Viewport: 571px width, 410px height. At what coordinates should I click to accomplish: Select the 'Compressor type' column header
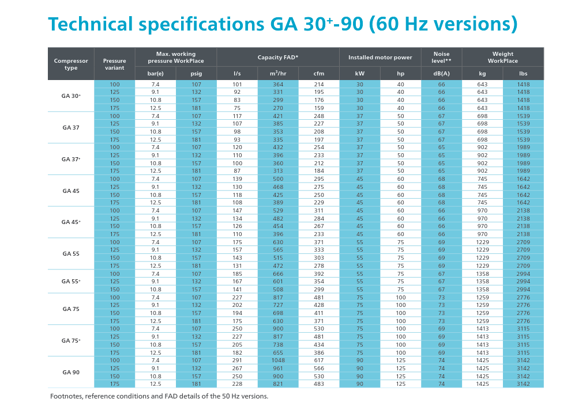[71, 64]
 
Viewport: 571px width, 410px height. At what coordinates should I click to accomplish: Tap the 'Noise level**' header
[441, 57]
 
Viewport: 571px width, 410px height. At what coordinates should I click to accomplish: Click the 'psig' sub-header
[196, 74]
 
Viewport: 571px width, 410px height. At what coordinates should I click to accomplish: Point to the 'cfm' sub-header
[319, 74]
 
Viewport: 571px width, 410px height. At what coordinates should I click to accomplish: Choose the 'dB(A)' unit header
[441, 74]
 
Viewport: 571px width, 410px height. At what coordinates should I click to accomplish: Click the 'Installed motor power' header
[380, 58]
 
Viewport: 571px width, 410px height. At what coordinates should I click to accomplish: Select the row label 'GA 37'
[71, 128]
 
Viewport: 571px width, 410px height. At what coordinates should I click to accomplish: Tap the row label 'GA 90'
[71, 372]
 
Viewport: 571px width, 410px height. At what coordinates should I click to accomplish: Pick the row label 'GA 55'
[71, 253]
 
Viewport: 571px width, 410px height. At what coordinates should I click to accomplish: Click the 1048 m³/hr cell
[278, 360]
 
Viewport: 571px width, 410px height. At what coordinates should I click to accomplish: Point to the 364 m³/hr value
[278, 85]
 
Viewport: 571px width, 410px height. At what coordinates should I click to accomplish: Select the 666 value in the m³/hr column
[278, 274]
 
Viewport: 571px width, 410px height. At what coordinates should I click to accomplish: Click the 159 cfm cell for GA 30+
[319, 108]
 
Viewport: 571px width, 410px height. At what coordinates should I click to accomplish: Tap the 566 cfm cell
[319, 368]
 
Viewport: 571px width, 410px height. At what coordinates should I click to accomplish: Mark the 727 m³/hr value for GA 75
[278, 305]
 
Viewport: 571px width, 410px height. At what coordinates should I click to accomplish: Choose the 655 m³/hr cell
[278, 352]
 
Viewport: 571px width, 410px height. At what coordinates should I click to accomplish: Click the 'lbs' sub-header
[523, 74]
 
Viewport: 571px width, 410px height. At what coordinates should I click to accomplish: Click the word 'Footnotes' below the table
[66, 396]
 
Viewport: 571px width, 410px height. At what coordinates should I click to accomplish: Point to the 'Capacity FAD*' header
[278, 58]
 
